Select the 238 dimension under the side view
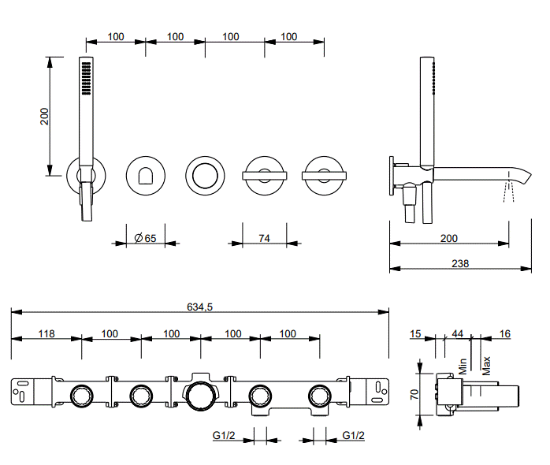pos(459,264)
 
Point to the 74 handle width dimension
pos(264,238)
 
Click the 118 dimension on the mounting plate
pos(46,333)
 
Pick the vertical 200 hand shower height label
pos(45,116)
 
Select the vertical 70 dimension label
pos(414,394)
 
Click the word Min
pos(463,366)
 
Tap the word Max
pos(486,365)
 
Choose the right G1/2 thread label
pos(354,435)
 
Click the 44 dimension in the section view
pos(457,334)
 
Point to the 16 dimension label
pos(505,334)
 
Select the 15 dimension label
pos(415,334)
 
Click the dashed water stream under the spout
pos(508,190)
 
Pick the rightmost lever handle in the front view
pos(322,174)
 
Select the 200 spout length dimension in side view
pos(448,238)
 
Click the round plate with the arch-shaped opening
pos(146,174)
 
